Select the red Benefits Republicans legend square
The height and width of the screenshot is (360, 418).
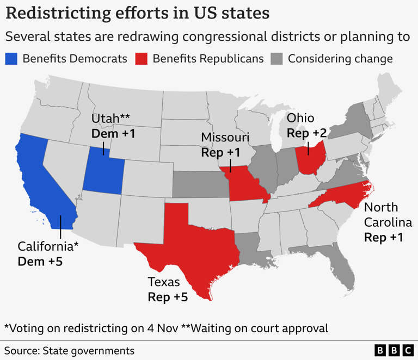pyautogui.click(x=141, y=59)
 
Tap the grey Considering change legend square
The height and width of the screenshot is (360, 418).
pyautogui.click(x=276, y=59)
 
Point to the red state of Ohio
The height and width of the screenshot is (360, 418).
pyautogui.click(x=311, y=158)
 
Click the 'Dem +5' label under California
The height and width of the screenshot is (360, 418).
pyautogui.click(x=40, y=262)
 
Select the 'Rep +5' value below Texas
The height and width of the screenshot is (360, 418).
pyautogui.click(x=168, y=297)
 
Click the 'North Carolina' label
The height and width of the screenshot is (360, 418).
pyautogui.click(x=388, y=215)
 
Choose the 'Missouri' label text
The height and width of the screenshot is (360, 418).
pyautogui.click(x=225, y=137)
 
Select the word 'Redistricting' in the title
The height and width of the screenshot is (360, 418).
pyautogui.click(x=62, y=13)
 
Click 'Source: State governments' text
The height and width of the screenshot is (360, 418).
pyautogui.click(x=69, y=350)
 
